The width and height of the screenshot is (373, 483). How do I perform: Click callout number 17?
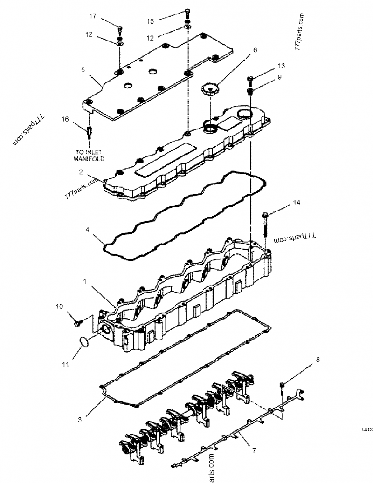pyautogui.click(x=93, y=16)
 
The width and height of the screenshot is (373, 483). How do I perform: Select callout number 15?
pyautogui.click(x=150, y=21)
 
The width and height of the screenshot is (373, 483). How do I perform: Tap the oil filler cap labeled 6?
pyautogui.click(x=210, y=89)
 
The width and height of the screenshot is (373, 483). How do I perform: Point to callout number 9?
pyautogui.click(x=279, y=78)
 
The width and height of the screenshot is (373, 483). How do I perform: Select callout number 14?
pyautogui.click(x=297, y=203)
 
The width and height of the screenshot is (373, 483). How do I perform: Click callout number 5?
pyautogui.click(x=83, y=70)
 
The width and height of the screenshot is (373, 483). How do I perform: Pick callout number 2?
pyautogui.click(x=81, y=171)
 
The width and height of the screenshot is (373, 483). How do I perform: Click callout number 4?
pyautogui.click(x=87, y=230)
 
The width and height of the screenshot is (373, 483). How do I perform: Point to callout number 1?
pyautogui.click(x=85, y=282)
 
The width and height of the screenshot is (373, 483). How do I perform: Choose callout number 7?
pyautogui.click(x=254, y=451)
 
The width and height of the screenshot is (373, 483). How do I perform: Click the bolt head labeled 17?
pyautogui.click(x=120, y=29)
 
